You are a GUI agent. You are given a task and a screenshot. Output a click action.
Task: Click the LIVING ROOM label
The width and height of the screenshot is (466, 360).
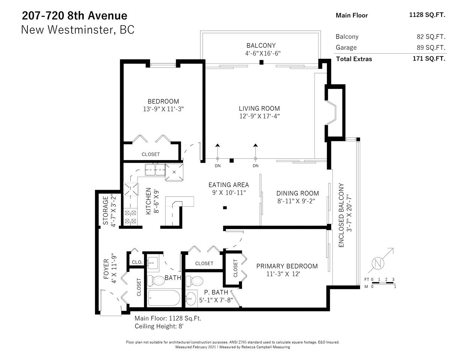pyautogui.click(x=259, y=108)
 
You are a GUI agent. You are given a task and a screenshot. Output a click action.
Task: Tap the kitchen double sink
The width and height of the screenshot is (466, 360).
pyautogui.click(x=155, y=170)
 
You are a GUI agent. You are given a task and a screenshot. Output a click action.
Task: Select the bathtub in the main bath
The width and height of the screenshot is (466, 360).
pyautogui.click(x=164, y=298)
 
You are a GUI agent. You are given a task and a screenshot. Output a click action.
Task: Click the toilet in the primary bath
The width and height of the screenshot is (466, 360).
pyautogui.click(x=194, y=281)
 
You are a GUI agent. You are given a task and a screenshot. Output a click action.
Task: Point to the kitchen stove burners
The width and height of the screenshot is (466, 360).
pyautogui.click(x=131, y=217)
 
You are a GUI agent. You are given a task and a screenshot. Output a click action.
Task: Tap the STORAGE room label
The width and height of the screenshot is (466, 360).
pyautogui.click(x=106, y=210)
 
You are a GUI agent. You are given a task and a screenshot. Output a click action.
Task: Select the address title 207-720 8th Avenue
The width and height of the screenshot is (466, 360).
pyautogui.click(x=75, y=16)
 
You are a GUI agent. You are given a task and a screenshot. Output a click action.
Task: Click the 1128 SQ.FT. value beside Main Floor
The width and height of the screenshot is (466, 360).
pyautogui.click(x=427, y=15)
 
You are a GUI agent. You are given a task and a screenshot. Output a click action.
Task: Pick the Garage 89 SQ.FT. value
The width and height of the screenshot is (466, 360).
pyautogui.click(x=431, y=48)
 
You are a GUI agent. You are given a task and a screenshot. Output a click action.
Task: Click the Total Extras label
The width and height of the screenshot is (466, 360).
pyautogui.click(x=354, y=59)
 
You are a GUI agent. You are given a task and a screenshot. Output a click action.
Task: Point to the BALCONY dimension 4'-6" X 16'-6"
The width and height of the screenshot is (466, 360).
pyautogui.click(x=263, y=53)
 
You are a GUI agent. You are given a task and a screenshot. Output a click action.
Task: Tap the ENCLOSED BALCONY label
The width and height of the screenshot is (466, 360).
pyautogui.click(x=341, y=215)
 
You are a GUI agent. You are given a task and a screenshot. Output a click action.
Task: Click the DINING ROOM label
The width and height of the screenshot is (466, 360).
pyautogui.click(x=298, y=193)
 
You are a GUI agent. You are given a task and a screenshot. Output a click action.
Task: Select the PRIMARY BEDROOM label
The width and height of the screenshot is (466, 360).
pyautogui.click(x=287, y=266)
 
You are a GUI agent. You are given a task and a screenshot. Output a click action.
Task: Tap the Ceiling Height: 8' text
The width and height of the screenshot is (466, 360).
pyautogui.click(x=159, y=326)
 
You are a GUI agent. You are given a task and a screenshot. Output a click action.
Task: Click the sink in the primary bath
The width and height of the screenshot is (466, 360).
pyautogui.click(x=191, y=298)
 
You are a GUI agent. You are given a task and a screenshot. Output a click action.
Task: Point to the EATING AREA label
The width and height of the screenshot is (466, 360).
pyautogui.click(x=228, y=185)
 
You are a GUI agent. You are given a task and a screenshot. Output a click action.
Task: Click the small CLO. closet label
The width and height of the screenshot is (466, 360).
pyautogui.click(x=137, y=262)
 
